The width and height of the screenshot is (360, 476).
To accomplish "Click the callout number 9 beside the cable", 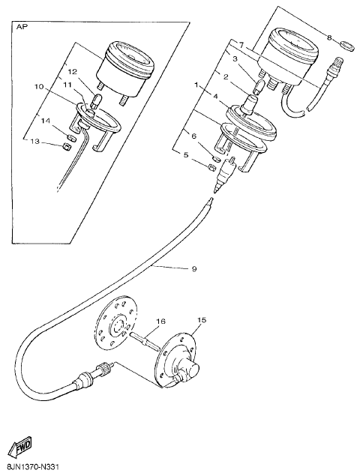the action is coord(194,268).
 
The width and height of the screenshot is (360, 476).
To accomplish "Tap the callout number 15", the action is coord(202,319).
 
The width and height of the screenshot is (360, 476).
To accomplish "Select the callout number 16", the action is coord(161,321).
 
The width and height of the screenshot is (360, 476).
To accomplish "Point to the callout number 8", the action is coord(329,37).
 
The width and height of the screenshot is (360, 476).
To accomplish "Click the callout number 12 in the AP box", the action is coord(73,72).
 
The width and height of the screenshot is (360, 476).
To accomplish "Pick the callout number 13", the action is coord(35,142).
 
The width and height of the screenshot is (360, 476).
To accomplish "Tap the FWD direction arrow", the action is coord(20,446).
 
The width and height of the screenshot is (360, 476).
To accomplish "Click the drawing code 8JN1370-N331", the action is coord(30,466).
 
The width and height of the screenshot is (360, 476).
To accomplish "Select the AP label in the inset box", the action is coord(21,27).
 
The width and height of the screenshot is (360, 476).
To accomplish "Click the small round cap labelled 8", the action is coord(347,46).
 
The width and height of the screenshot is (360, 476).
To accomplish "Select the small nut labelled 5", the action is coord(211,167).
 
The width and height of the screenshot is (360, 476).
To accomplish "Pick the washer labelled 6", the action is coord(215,158).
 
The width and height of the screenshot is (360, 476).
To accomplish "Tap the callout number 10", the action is coord(40,87).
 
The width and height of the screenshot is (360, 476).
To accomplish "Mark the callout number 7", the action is coord(241,46).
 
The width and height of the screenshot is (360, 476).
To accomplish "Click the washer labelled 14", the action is coord(70,136).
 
